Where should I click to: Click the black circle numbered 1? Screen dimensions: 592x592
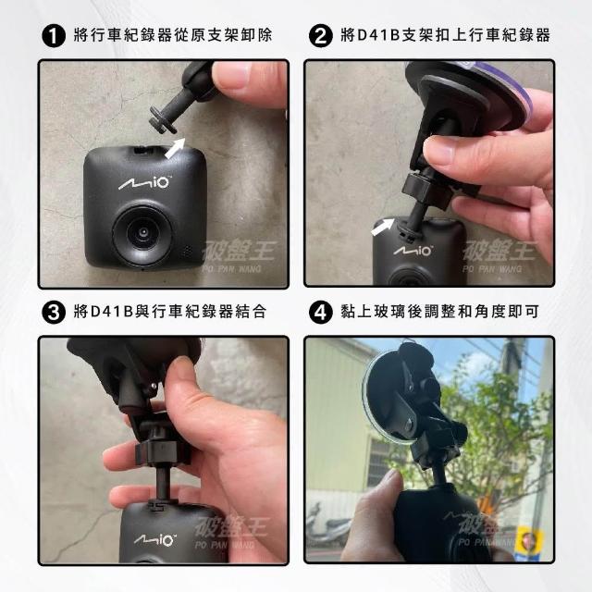click(54, 36)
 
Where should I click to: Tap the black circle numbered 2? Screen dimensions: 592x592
click(321, 36)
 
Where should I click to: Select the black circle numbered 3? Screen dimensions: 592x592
click(54, 313)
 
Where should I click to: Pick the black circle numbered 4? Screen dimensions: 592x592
click(321, 313)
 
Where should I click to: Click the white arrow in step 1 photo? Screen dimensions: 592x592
click(175, 148)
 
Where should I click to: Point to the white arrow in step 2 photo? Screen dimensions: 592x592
click(382, 227)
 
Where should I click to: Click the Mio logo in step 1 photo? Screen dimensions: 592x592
click(144, 183)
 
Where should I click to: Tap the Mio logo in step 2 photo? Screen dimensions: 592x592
click(413, 251)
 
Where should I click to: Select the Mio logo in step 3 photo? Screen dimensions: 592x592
click(154, 540)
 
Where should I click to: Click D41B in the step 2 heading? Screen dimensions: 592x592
click(378, 35)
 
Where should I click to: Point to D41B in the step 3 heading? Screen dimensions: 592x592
click(112, 312)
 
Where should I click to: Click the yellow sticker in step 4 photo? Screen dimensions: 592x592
click(528, 540)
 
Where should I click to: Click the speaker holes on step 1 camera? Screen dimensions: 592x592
click(187, 251)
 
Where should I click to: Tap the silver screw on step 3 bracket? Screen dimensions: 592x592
click(154, 387)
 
